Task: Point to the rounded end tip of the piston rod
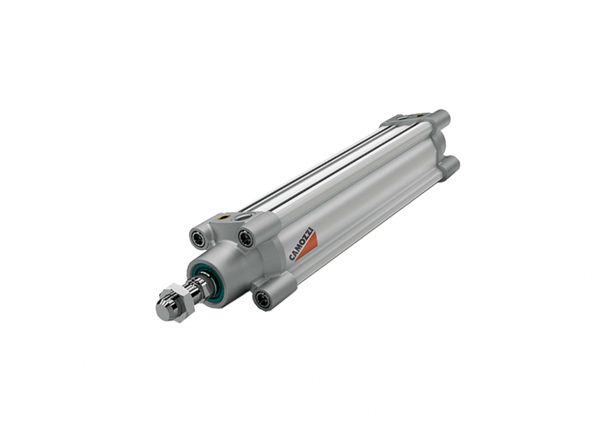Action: coord(162,310)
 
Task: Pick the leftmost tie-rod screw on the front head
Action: coord(198,237)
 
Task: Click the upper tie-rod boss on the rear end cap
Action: coord(443,117)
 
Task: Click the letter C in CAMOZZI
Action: coord(292,257)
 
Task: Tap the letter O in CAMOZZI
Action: coord(301,243)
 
